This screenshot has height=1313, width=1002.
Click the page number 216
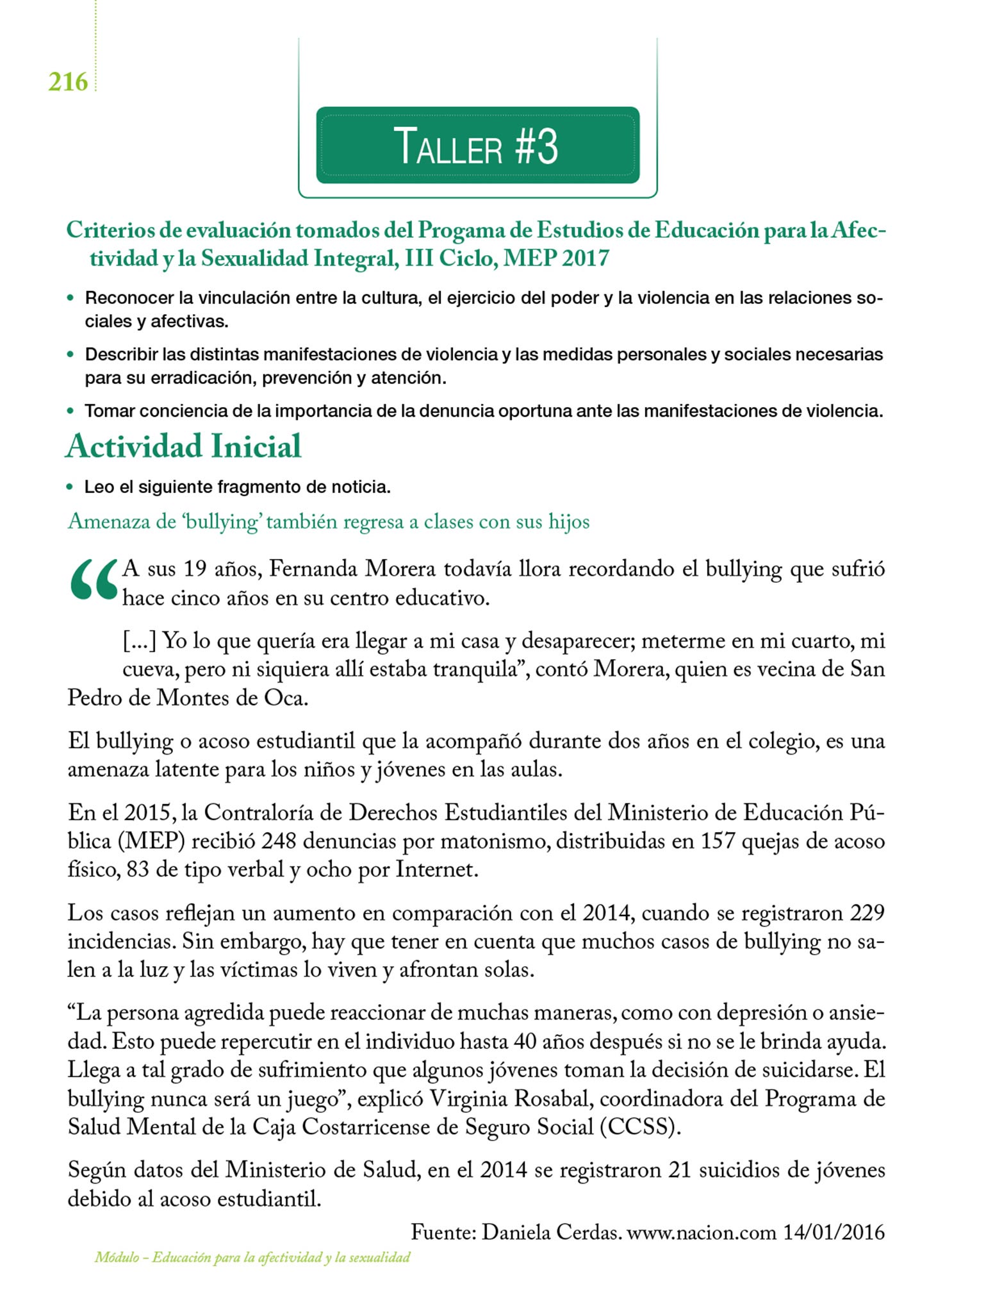68,82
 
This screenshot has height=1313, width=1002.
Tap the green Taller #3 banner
477,146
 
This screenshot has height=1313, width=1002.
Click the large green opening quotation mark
94,580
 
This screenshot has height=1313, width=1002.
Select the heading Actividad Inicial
183,446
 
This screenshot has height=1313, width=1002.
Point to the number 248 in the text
278,840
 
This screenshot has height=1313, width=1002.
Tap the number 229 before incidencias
867,912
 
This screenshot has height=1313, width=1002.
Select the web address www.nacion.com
702,1232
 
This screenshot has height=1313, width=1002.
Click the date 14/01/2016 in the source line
834,1232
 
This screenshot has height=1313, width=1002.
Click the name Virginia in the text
465,1098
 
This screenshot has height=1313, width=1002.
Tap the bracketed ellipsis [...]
140,640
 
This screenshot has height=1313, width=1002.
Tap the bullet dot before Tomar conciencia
70,411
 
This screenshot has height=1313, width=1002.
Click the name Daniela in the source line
516,1232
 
